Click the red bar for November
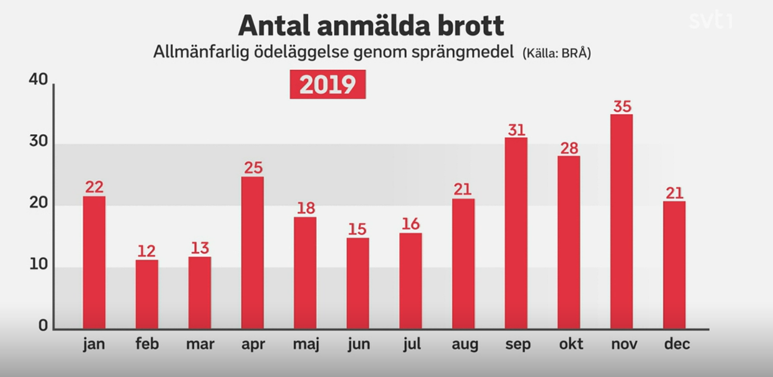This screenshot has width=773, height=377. (622, 222)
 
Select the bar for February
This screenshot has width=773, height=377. (147, 294)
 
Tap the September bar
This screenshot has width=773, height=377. (516, 233)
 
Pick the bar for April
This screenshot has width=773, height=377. (253, 253)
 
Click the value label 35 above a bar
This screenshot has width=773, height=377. (622, 107)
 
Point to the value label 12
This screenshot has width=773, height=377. (147, 251)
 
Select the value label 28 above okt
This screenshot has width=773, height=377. (569, 148)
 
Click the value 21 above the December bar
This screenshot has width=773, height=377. (674, 193)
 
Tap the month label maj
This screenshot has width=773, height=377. (306, 344)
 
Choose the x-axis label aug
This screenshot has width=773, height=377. (464, 344)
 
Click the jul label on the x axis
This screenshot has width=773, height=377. (411, 344)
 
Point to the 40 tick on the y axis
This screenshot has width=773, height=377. (38, 80)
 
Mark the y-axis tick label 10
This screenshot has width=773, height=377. (38, 266)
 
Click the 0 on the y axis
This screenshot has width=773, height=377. (43, 326)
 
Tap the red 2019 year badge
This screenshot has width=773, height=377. (327, 85)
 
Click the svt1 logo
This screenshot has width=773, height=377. (710, 21)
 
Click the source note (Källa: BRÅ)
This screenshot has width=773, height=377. (557, 54)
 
